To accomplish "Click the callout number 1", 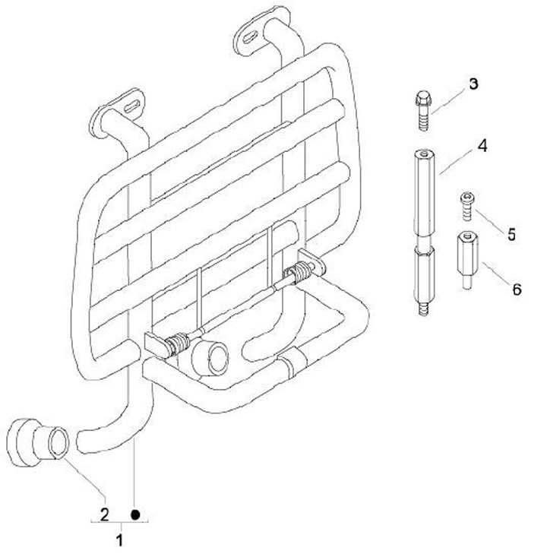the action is pos(120,540).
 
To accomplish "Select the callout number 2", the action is pos(104,514).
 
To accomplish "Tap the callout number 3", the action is pos(473,84).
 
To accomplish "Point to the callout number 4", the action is pos(482,146).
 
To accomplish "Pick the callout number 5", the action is pos(511,235).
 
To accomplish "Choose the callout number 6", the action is pos(517,289).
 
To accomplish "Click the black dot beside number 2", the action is pos(135,514).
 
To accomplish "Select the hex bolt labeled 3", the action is pos(422,110).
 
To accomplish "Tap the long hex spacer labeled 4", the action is pos(425,233).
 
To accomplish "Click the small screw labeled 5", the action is pos(467,206).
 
